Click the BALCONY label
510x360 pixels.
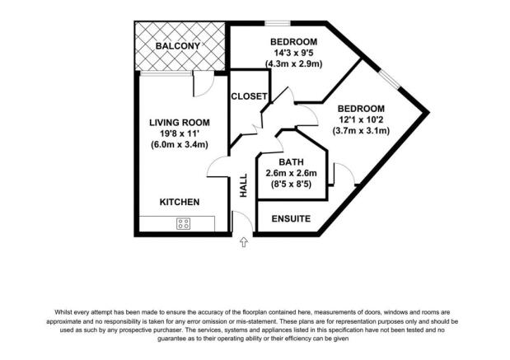pos(178,46)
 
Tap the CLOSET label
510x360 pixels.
pos(248,96)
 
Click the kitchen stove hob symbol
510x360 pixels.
pos(182,222)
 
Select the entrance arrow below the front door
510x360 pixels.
pos(244,242)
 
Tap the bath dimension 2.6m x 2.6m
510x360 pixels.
pos(292,173)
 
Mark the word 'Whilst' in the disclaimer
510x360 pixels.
pos(66,312)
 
